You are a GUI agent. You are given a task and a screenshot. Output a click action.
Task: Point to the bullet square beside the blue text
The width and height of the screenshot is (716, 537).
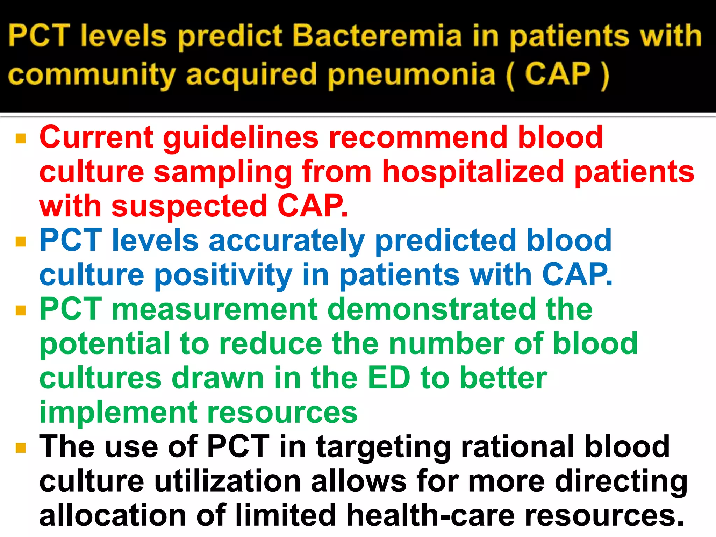point(21,242)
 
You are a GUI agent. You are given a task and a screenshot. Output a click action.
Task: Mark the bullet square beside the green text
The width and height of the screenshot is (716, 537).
point(21,310)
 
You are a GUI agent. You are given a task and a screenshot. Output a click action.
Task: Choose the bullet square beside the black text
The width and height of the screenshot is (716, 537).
point(21,448)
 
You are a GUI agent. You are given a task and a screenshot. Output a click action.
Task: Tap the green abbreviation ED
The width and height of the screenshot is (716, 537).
point(389,378)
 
